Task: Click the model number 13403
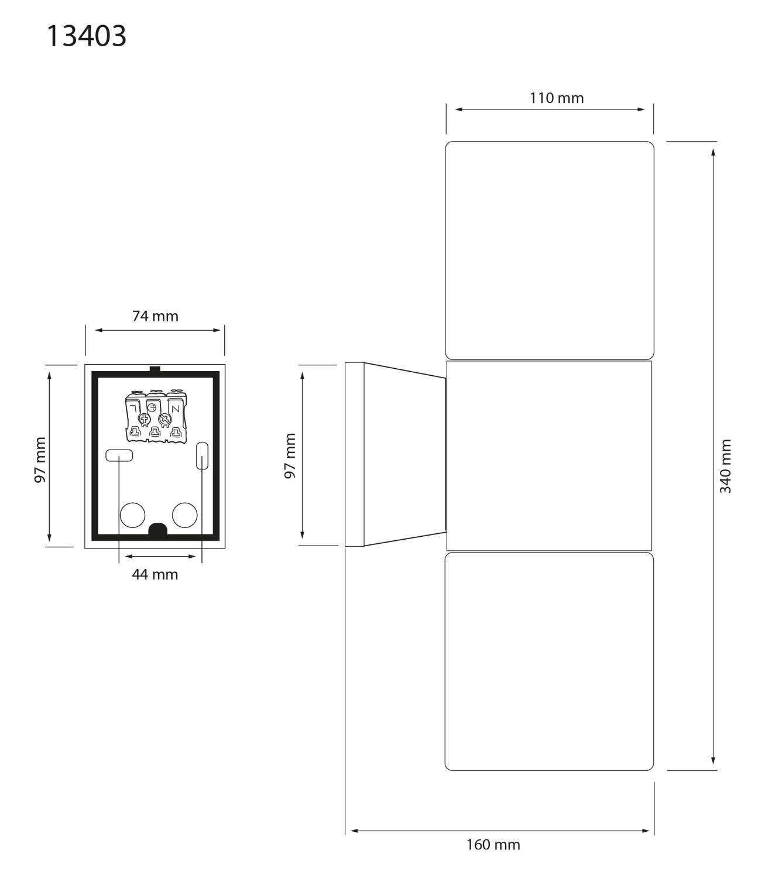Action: [x=86, y=36]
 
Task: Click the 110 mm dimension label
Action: [x=557, y=98]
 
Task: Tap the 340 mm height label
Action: [x=725, y=467]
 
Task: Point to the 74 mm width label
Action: [x=155, y=316]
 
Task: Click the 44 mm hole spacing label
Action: [x=155, y=575]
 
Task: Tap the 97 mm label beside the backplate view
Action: [x=40, y=460]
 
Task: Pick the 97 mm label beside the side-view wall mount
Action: [x=290, y=456]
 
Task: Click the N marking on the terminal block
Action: [x=175, y=409]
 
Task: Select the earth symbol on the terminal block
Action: [x=151, y=407]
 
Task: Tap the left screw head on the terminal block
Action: [x=144, y=419]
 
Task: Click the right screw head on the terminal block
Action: [x=164, y=419]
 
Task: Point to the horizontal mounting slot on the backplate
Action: [x=119, y=455]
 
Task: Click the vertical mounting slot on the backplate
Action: [x=202, y=456]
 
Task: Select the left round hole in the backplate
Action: [x=132, y=515]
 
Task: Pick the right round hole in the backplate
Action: [x=184, y=515]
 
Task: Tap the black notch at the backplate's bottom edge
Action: [x=158, y=530]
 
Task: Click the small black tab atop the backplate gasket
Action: [x=155, y=369]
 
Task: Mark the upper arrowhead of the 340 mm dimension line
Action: [x=713, y=152]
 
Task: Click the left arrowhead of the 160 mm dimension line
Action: [x=354, y=831]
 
